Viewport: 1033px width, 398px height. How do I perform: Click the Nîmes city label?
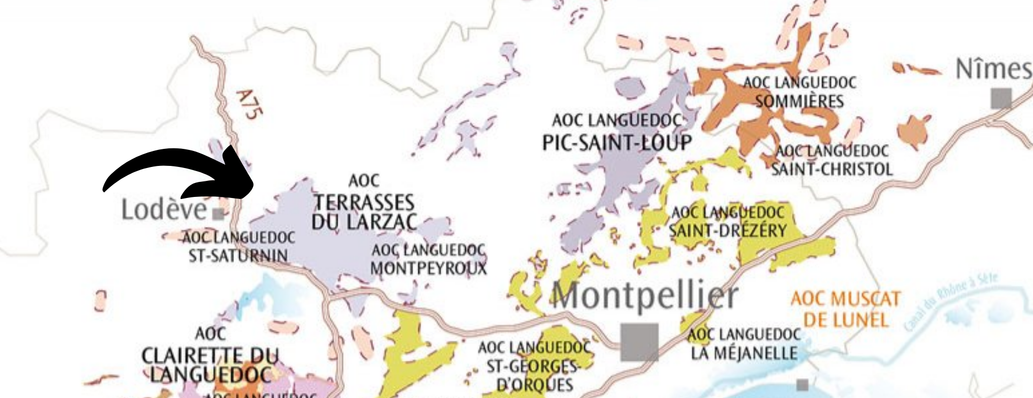coord(992,69)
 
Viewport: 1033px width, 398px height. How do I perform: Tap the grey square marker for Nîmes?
coord(1000,98)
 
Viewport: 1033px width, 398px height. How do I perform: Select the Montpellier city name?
coord(645,296)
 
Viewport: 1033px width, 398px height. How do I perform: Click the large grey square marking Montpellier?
coord(639,342)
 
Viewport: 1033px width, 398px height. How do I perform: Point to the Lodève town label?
coord(164,210)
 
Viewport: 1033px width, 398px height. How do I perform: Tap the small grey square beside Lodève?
coord(219,213)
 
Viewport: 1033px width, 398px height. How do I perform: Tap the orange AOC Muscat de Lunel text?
coord(846,309)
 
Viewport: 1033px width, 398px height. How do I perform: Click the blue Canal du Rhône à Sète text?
coord(950,302)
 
